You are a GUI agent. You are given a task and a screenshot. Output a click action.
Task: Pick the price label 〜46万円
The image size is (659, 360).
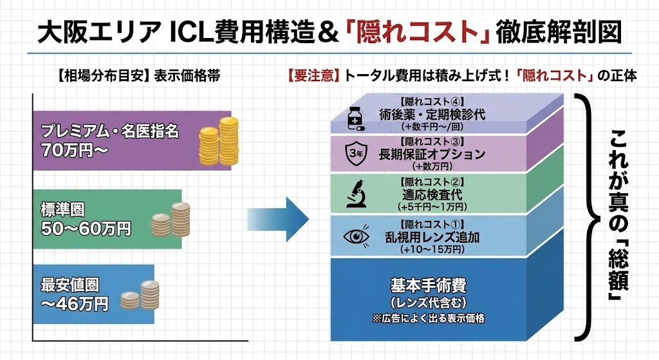[x=74, y=303]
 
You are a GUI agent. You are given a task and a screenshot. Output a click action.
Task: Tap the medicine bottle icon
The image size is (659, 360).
[x=353, y=118]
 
